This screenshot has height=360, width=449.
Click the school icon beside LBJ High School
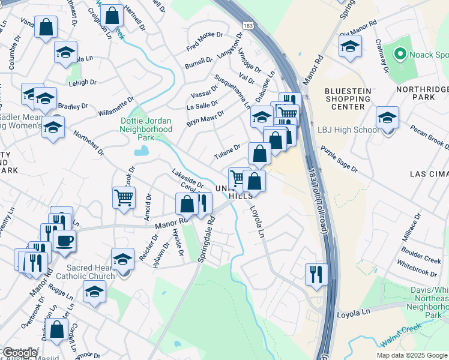point(387,118)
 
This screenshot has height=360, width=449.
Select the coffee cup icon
point(64,241)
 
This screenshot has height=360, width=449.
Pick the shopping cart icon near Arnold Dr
point(123,197)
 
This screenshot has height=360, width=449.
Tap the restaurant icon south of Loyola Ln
point(316,274)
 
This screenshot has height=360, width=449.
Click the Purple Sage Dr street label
point(339,160)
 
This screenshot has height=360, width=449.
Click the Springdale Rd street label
point(206,239)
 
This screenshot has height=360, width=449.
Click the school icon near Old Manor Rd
point(349,46)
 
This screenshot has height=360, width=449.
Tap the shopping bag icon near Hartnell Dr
point(112,16)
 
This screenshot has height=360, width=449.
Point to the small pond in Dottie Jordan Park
point(141,151)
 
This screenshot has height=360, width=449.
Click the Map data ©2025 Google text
point(411,355)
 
